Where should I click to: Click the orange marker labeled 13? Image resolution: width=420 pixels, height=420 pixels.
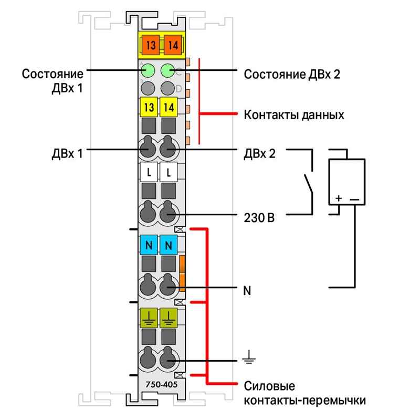[x=151, y=45]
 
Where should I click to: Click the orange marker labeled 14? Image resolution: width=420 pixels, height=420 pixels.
[x=173, y=45]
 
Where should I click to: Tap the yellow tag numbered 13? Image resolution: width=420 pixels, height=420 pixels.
[x=149, y=107]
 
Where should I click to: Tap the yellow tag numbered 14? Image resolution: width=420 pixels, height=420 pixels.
[x=169, y=107]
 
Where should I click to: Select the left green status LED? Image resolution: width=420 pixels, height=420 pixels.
[x=148, y=71]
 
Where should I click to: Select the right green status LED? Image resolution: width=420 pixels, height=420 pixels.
[x=167, y=71]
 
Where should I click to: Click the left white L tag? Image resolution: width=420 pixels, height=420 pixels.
[x=149, y=172]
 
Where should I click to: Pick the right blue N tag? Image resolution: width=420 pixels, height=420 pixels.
[x=169, y=245]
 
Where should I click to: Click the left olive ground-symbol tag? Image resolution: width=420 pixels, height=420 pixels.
[x=149, y=318]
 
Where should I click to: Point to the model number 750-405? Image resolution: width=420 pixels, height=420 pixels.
[x=162, y=385]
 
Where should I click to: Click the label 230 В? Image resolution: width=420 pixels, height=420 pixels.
[x=259, y=218]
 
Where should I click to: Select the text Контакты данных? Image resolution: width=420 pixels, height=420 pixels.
[x=294, y=115]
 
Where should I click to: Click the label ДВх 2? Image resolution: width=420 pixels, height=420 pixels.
[x=259, y=153]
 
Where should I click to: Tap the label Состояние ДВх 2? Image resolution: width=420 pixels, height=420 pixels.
[x=292, y=74]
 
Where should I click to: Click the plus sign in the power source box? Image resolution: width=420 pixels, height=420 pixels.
[x=339, y=198]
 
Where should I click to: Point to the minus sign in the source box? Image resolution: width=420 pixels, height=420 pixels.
[x=354, y=199]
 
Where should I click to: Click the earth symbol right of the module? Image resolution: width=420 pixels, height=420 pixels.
[x=249, y=357]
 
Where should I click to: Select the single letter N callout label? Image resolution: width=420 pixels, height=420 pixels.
[x=247, y=291]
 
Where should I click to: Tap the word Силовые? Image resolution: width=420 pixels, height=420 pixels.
[x=269, y=386]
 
